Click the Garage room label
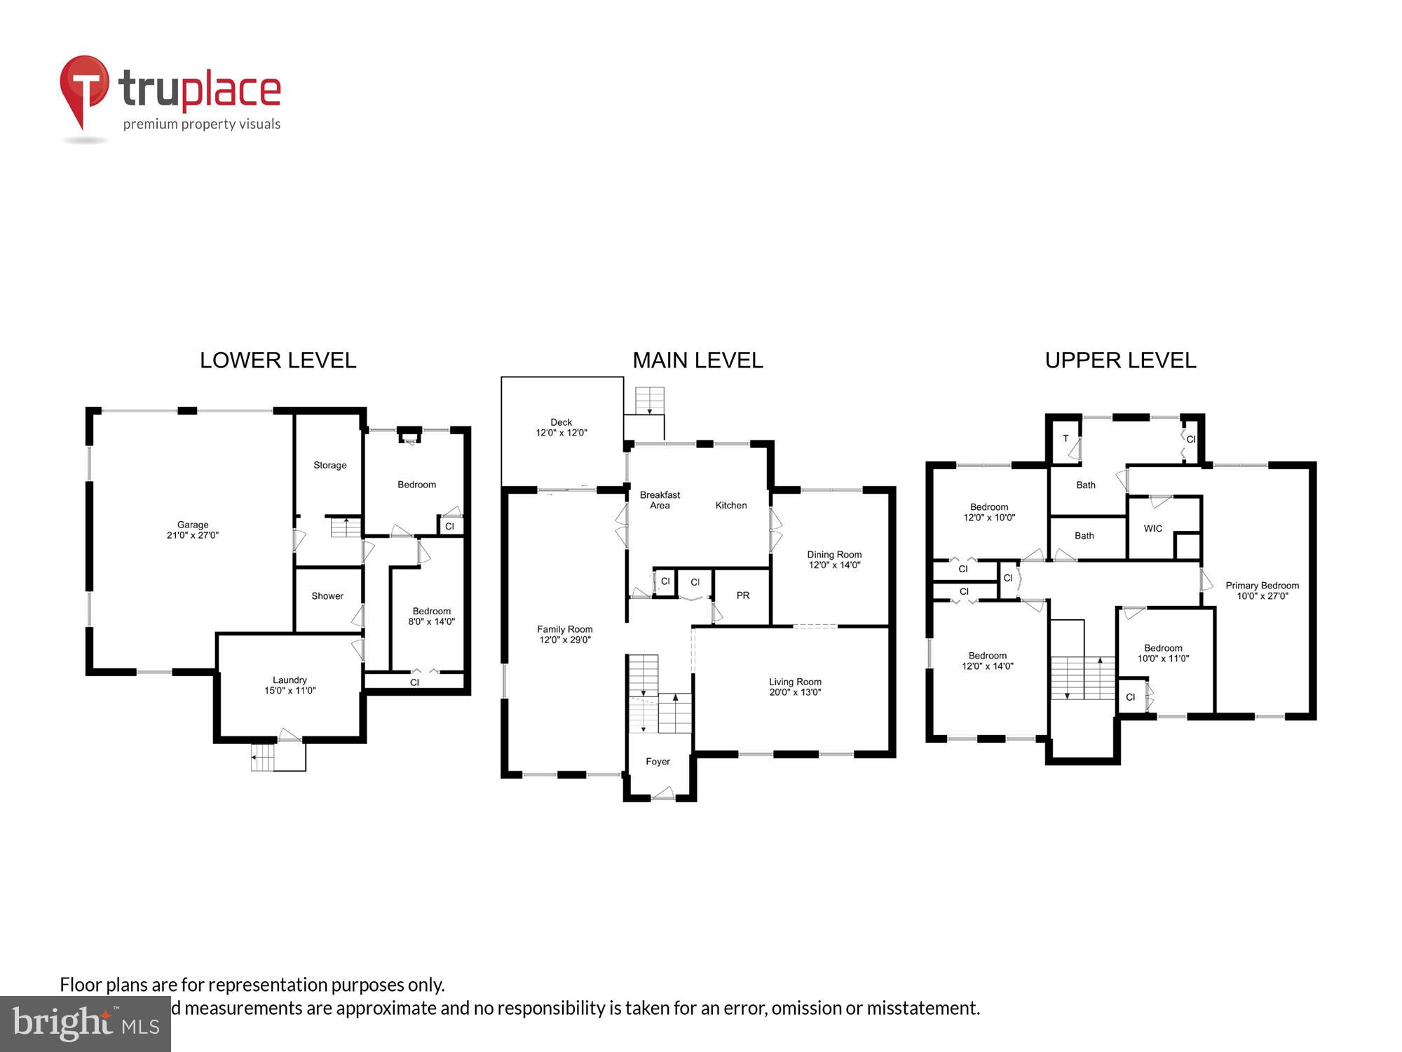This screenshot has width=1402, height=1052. pyautogui.click(x=193, y=525)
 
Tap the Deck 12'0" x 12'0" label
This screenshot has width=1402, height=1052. pyautogui.click(x=562, y=428)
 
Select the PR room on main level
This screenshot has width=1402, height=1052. pyautogui.click(x=743, y=595)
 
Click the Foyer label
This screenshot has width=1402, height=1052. pyautogui.click(x=658, y=762)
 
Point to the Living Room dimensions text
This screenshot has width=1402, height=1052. pyautogui.click(x=795, y=692)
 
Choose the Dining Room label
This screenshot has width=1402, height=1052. pyautogui.click(x=834, y=555)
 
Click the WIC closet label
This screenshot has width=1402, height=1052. pyautogui.click(x=1152, y=529)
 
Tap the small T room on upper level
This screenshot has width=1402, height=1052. pyautogui.click(x=1066, y=439)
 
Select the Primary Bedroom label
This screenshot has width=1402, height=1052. pyautogui.click(x=1262, y=586)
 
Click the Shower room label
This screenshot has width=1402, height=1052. pyautogui.click(x=327, y=596)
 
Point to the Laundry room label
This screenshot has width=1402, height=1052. pyautogui.click(x=290, y=680)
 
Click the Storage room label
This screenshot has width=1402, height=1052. pyautogui.click(x=329, y=466)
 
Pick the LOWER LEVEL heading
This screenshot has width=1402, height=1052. pyautogui.click(x=278, y=360)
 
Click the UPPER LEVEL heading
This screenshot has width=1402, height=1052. pyautogui.click(x=1120, y=360)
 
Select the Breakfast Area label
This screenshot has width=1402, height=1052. pyautogui.click(x=660, y=500)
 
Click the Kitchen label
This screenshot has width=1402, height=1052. pyautogui.click(x=731, y=506)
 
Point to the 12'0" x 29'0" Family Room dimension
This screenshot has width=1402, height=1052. pyautogui.click(x=565, y=640)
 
